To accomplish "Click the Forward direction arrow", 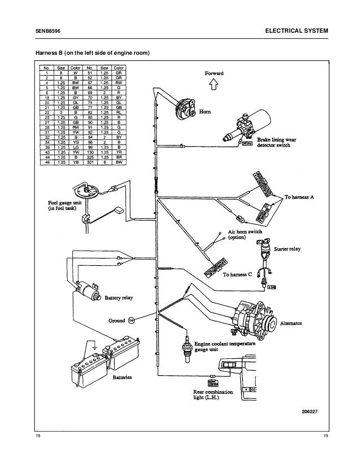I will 213,85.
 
